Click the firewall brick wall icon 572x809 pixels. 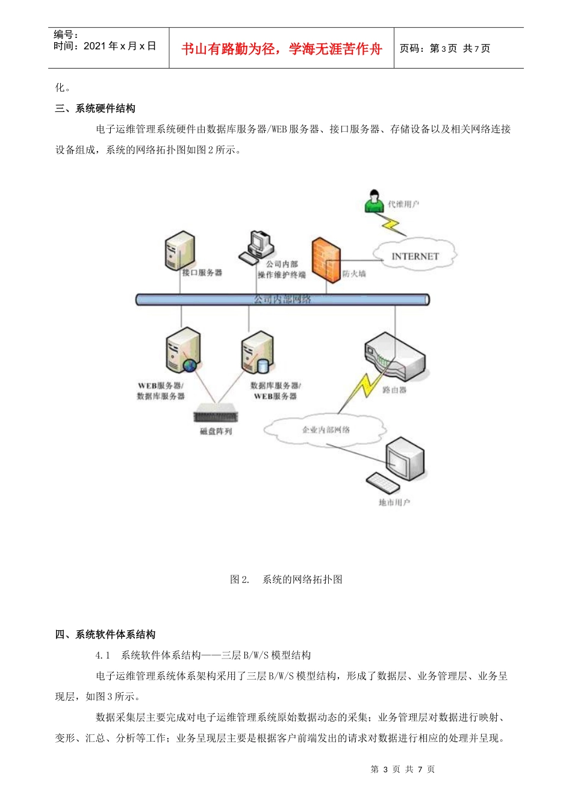click(326, 260)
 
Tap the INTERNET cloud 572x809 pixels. click(415, 256)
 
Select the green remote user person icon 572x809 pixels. click(374, 201)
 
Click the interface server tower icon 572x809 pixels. click(180, 250)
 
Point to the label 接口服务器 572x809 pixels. click(202, 273)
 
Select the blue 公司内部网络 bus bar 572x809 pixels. click(282, 299)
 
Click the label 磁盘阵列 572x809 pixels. click(216, 432)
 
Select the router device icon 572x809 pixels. click(395, 358)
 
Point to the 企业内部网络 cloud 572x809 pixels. click(325, 430)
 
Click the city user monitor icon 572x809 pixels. click(404, 459)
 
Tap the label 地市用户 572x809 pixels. click(394, 502)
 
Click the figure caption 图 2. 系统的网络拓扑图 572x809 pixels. click(286, 579)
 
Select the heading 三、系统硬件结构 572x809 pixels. click(95, 108)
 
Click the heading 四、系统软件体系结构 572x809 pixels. click(105, 634)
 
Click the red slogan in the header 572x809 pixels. click(282, 49)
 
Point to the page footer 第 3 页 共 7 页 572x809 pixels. click(402, 769)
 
